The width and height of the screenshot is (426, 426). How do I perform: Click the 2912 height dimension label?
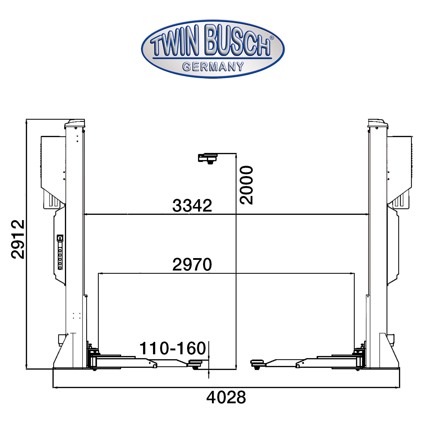17,239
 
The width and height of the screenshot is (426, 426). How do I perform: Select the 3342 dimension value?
192,206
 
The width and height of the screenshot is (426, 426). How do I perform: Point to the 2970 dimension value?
192,264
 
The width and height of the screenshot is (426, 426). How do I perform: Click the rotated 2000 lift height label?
246,185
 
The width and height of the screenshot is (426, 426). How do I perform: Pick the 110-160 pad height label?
173,348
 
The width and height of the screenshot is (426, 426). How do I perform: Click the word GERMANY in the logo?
213,66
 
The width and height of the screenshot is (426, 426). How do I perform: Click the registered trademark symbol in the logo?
272,38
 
